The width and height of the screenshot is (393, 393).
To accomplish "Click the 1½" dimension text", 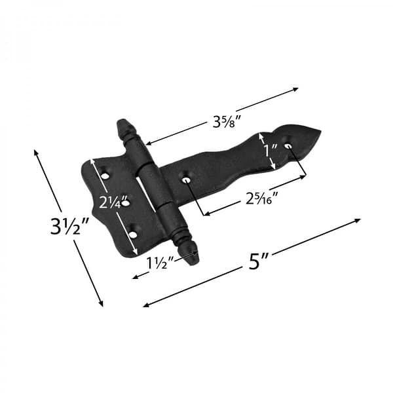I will pos(159,263).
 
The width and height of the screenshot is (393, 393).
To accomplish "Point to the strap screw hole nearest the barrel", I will pos(187,179).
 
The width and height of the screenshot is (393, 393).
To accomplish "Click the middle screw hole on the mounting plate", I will pos(126,202).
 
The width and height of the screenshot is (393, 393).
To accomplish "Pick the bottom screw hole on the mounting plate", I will pos(136,231).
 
